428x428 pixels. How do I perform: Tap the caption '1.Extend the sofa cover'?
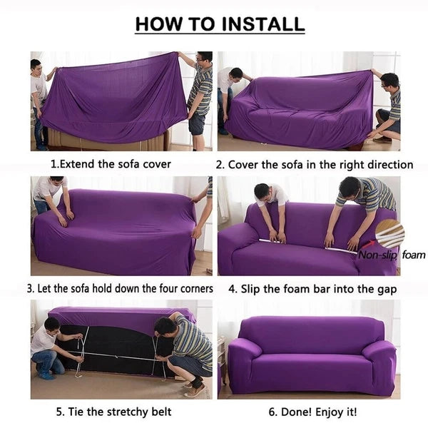point(111,164)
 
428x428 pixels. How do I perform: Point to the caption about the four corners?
point(120,289)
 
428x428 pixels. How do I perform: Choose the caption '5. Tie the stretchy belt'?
point(114,412)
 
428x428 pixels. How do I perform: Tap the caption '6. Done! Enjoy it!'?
point(313,412)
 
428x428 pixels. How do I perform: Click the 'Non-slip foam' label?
point(391,255)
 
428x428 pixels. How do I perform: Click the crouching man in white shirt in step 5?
point(49,350)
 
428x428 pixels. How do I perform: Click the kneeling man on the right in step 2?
point(389,107)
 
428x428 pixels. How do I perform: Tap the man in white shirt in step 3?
point(51,196)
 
